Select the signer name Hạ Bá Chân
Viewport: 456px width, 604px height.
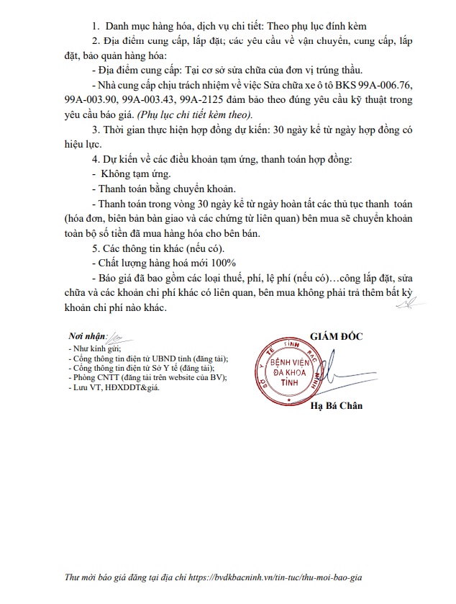click(x=337, y=405)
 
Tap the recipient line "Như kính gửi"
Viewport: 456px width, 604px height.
click(x=93, y=348)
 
